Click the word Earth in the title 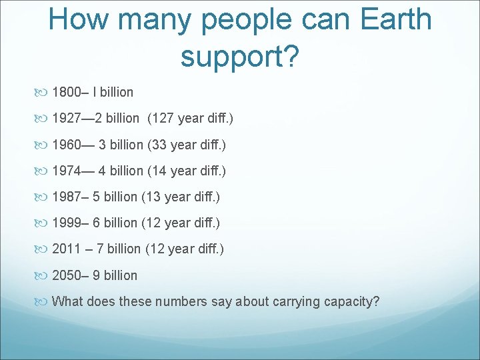tap(396, 19)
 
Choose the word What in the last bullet tap(66, 301)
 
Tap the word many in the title tap(154, 19)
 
